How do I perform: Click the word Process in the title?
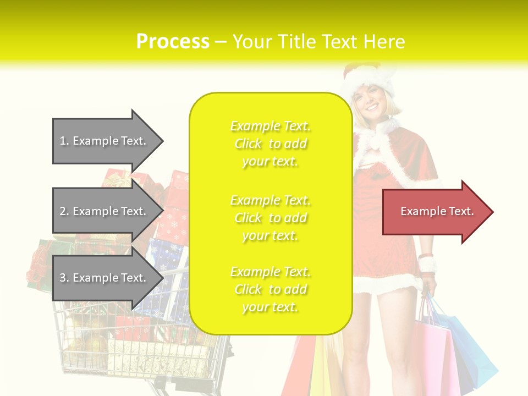173,42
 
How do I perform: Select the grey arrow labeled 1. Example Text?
105,141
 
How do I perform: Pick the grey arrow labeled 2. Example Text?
105,211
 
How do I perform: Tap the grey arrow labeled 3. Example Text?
105,278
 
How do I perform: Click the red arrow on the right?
435,212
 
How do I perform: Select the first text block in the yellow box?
270,144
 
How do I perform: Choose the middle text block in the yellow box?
270,218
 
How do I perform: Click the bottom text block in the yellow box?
270,289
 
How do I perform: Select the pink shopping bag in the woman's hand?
435,352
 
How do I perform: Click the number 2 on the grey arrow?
63,211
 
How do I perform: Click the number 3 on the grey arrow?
63,278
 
